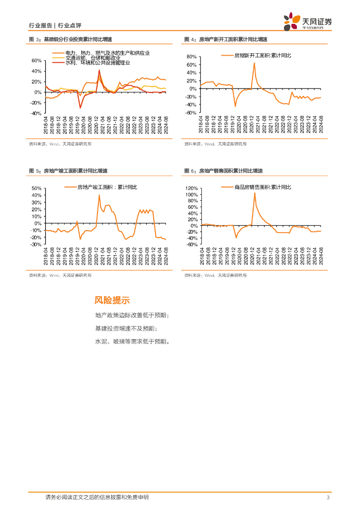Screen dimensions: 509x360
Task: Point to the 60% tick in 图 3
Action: [36, 61]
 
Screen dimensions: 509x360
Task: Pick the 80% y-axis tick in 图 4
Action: [192, 57]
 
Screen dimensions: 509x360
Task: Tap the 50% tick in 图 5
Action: [36, 189]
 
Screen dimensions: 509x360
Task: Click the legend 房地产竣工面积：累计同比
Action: [104, 187]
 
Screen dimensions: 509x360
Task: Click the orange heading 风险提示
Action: [112, 300]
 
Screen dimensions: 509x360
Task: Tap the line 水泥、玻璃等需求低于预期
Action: [132, 341]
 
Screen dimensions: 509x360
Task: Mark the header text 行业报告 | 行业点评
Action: [56, 25]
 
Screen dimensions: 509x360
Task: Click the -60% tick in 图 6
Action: [192, 244]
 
